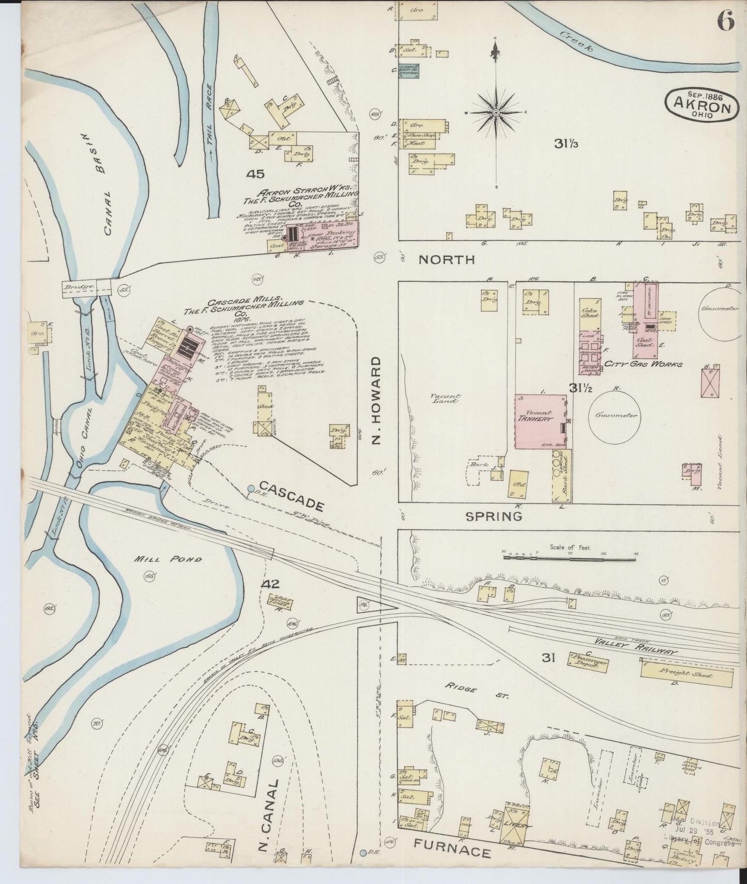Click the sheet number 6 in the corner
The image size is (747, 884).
tap(725, 22)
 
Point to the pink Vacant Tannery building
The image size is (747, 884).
tap(540, 421)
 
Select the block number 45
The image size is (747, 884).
tap(255, 175)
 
